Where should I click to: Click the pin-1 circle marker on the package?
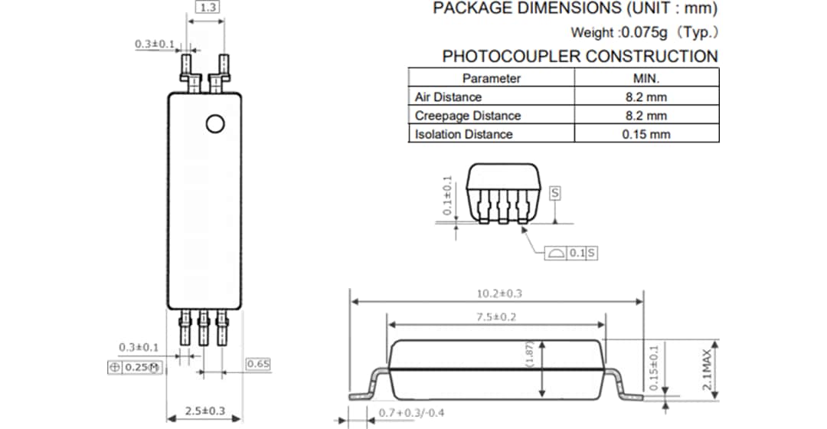[x=215, y=124]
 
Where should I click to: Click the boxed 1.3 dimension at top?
[x=206, y=8]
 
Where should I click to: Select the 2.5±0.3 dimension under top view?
[x=204, y=411]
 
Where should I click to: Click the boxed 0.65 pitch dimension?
[x=258, y=364]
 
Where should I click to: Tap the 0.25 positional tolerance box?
[x=134, y=368]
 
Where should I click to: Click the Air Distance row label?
[x=448, y=97]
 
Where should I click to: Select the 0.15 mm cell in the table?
[x=646, y=134]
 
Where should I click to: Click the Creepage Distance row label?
[x=467, y=116]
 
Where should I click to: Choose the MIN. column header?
[x=646, y=78]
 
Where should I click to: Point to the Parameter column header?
[x=491, y=78]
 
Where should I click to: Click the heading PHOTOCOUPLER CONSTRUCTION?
[x=580, y=56]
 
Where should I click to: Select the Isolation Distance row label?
[x=463, y=134]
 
